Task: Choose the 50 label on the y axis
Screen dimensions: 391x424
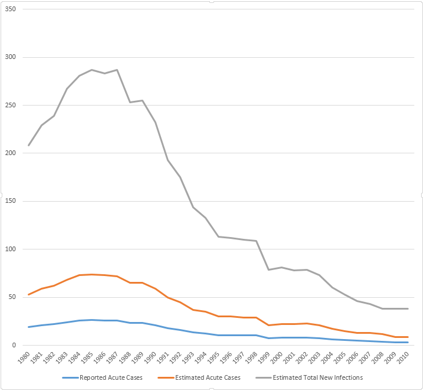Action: tap(14, 297)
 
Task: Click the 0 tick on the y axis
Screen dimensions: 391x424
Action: tap(15, 345)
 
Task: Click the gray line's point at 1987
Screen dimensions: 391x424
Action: tap(117, 70)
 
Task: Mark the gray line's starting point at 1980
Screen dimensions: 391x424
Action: tap(29, 145)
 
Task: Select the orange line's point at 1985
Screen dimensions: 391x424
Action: tap(92, 274)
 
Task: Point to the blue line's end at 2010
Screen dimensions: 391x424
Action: tap(407, 342)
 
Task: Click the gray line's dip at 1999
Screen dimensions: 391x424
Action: tap(269, 270)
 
